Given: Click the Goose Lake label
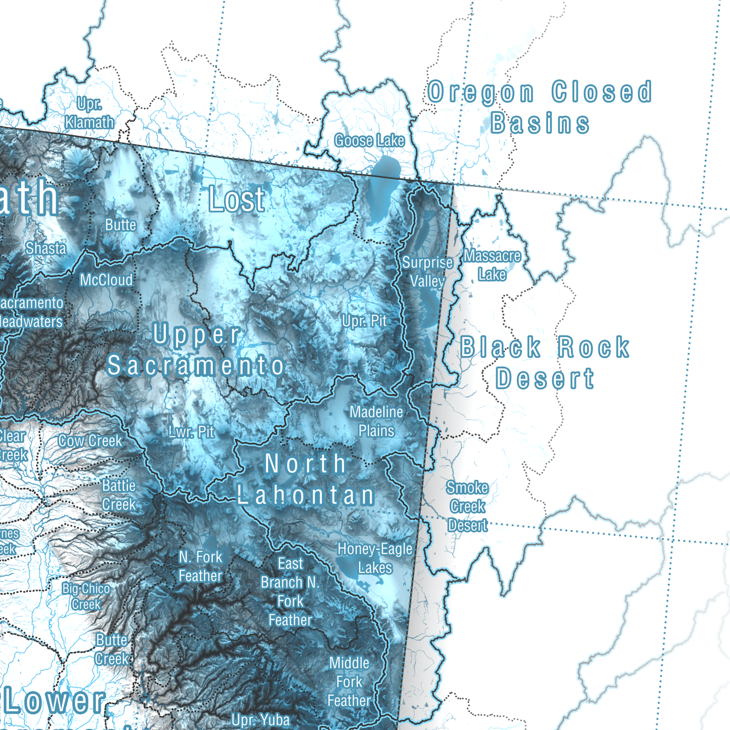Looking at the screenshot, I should tap(369, 140).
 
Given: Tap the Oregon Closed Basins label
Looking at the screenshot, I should tap(540, 108).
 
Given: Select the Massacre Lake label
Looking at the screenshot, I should tap(492, 265).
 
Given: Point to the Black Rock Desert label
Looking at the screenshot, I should tap(545, 363).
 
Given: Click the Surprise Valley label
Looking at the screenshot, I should tap(427, 272).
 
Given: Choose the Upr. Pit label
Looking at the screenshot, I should tap(364, 321).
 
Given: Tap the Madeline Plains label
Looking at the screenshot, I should tap(376, 421).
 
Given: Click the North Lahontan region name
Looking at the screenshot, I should tap(306, 479).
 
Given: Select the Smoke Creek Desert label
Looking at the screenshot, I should tap(467, 506).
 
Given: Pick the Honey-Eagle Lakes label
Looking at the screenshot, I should tap(375, 558).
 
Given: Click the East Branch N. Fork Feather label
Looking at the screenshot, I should tap(290, 592).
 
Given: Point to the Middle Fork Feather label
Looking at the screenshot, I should tap(349, 682).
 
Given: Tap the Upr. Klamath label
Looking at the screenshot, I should tap(89, 113).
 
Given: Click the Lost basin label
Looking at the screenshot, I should tap(236, 199).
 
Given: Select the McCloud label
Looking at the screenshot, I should tap(106, 280).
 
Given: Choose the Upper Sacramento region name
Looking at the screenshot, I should tap(196, 350).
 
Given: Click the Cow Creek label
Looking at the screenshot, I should tap(90, 441).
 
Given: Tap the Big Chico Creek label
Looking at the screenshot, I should tap(86, 596).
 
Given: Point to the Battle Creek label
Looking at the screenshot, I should tap(119, 495).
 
